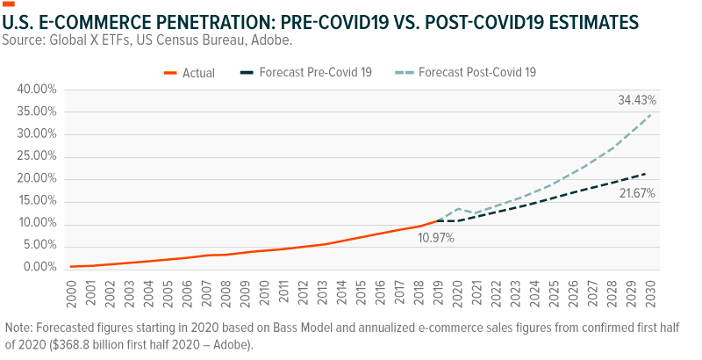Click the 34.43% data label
coord(636,102)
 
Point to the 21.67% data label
coord(636,192)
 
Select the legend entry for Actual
coord(198,72)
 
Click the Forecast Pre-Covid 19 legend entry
coord(315,72)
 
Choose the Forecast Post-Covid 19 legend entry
coord(476,72)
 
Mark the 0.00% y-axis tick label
coord(39,267)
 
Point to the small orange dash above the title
coord(9,4)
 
